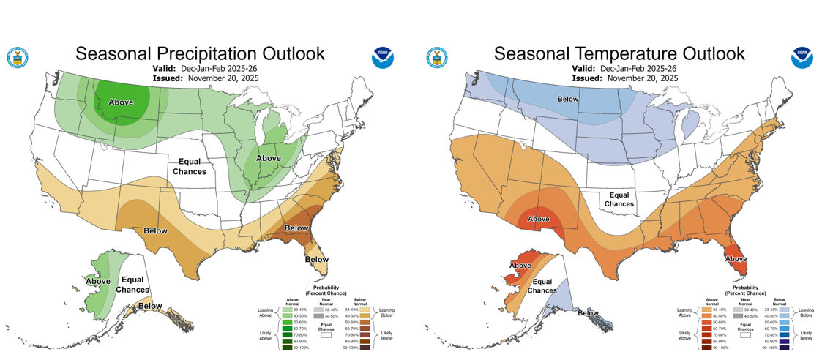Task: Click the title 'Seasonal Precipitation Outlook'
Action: [x=200, y=53]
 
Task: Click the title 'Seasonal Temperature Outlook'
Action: [x=619, y=53]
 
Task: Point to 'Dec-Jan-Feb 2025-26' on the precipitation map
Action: [x=224, y=68]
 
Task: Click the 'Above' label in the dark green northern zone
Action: [x=121, y=102]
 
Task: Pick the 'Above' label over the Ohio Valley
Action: [x=269, y=158]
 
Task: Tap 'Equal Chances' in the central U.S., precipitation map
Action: [x=189, y=166]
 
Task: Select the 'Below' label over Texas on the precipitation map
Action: [x=155, y=230]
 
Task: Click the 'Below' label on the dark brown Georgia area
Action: [x=296, y=228]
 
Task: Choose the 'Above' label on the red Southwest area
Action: [x=539, y=218]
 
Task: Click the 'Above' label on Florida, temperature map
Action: [x=735, y=258]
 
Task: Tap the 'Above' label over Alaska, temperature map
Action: [x=520, y=265]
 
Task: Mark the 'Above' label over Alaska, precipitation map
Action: [x=98, y=281]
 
